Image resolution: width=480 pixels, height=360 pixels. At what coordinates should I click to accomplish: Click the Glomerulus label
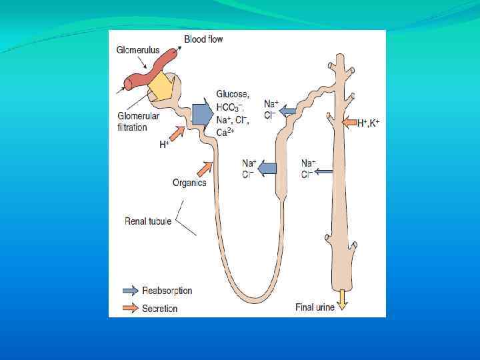[137, 49]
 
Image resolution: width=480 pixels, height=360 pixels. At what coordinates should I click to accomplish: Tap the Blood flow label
[203, 39]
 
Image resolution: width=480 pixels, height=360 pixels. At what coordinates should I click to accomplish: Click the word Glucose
[233, 95]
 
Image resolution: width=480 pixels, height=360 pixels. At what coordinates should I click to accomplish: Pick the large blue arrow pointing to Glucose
[201, 113]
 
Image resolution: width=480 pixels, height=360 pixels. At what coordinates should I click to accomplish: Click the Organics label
[189, 182]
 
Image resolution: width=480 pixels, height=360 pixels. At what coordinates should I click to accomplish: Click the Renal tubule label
[149, 221]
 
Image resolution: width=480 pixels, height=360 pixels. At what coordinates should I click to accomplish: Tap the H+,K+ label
[368, 123]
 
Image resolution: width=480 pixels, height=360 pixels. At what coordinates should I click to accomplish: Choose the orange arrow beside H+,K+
[348, 122]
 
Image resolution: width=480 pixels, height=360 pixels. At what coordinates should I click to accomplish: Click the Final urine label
[315, 307]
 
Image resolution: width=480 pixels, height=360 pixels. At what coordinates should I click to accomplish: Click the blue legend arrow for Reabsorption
[131, 291]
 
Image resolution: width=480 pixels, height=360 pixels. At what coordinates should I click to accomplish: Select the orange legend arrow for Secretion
[131, 308]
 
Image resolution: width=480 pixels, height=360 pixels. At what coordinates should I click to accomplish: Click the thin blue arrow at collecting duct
[324, 172]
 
